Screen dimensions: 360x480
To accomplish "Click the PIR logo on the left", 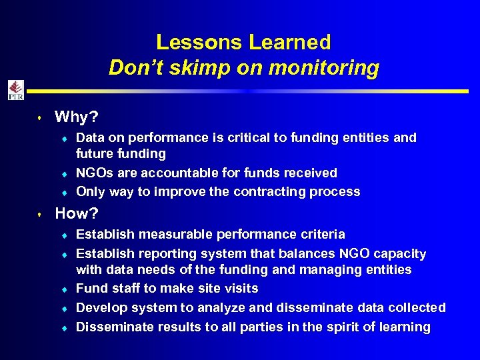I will tap(15, 90).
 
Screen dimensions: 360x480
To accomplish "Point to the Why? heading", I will tap(77, 117).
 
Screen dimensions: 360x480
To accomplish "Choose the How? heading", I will tap(77, 214).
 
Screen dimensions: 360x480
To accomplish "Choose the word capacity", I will tap(401, 253).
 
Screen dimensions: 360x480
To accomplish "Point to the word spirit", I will tap(345, 327).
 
